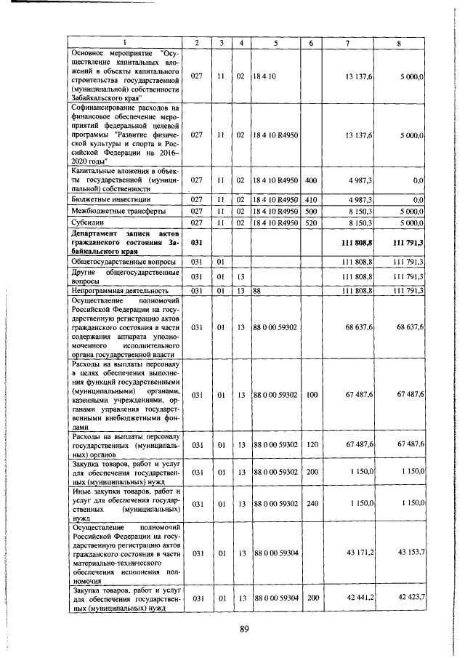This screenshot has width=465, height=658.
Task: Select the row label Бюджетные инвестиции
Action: coord(101,198)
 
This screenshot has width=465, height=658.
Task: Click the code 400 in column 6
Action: coord(311,180)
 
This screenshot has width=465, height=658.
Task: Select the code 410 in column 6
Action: coord(311,198)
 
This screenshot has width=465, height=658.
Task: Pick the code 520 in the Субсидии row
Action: coord(311,222)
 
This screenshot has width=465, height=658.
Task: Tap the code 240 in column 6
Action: coord(311,505)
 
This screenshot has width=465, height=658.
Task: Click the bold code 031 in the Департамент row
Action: coord(196,241)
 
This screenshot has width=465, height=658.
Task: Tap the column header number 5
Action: coord(275,43)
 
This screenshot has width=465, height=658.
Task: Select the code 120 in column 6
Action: coord(311,444)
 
